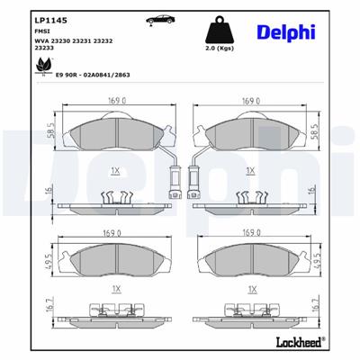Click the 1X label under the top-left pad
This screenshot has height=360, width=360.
click(x=115, y=170)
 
